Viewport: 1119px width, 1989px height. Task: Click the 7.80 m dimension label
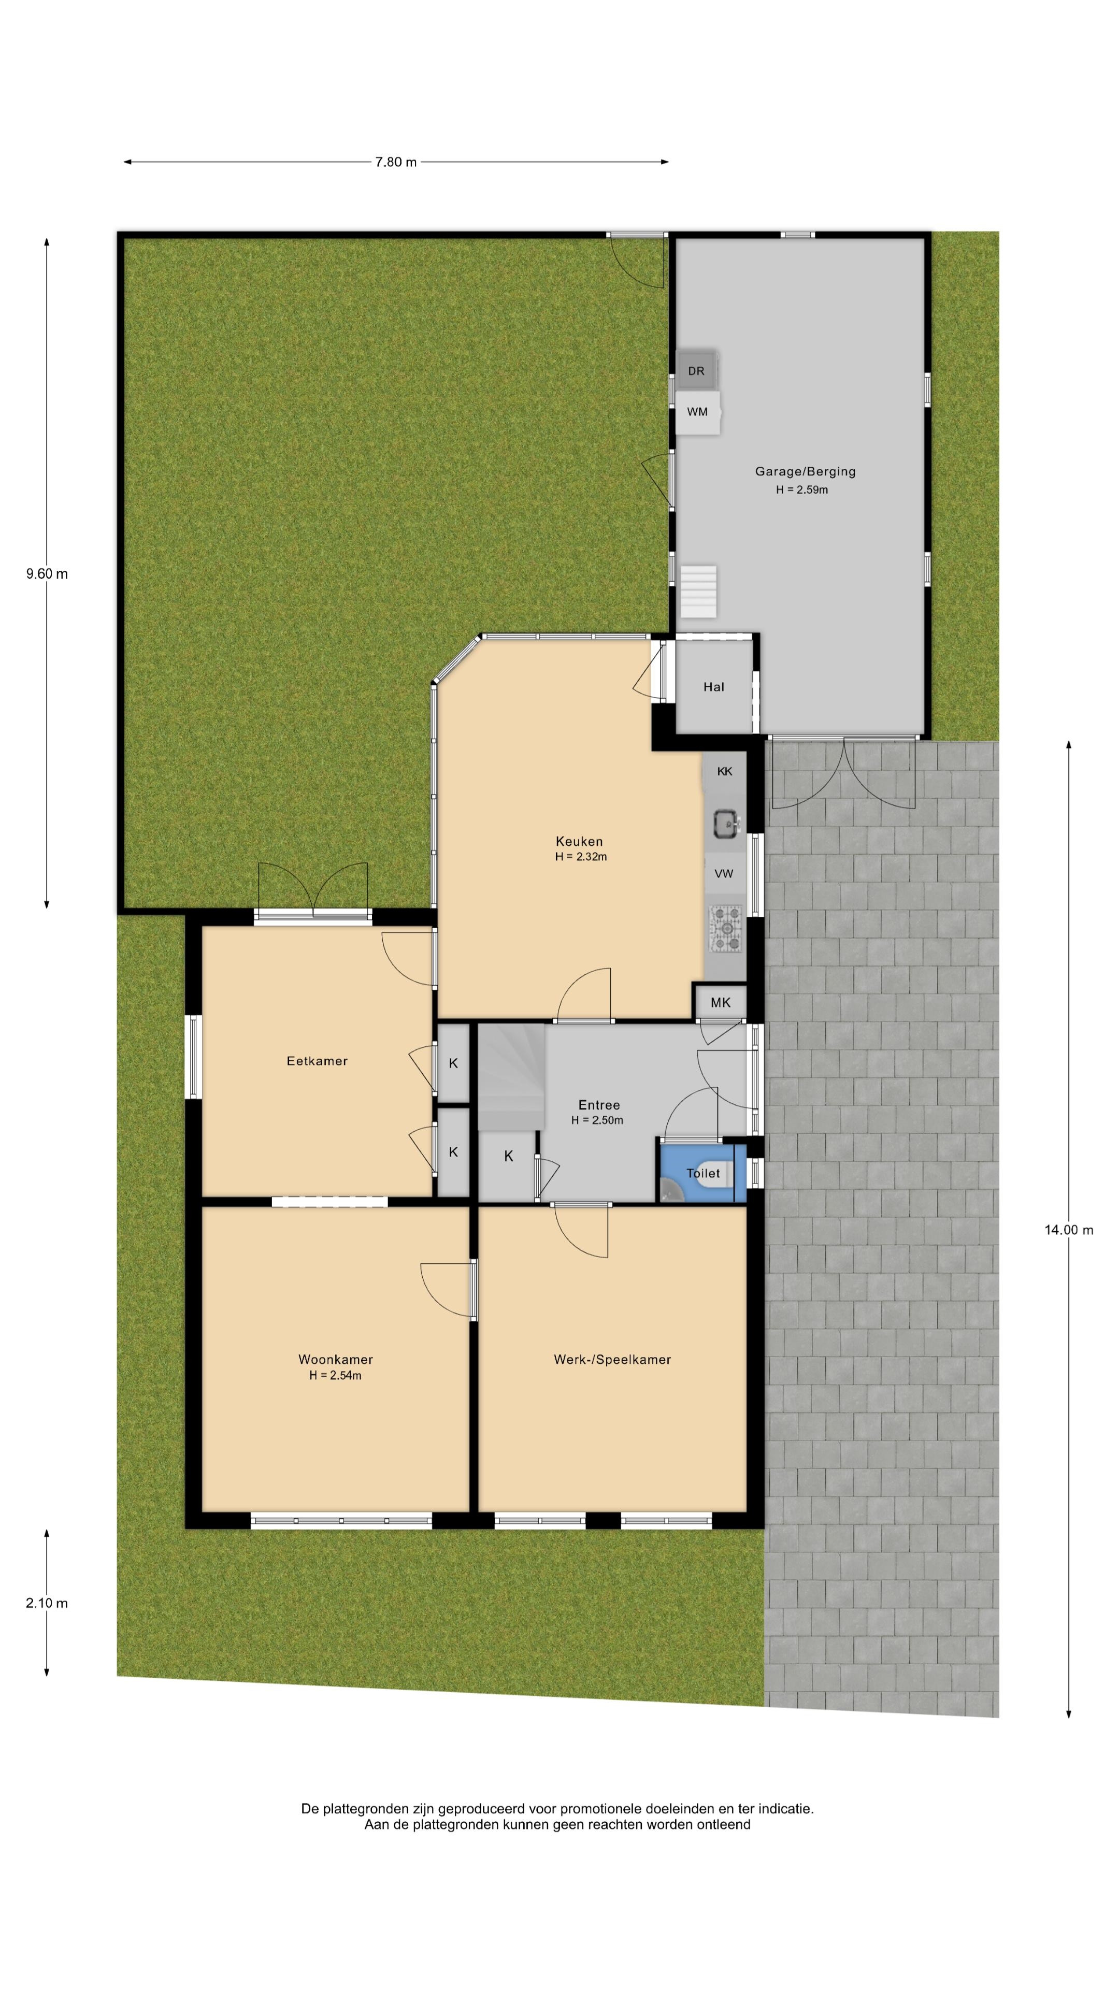click(x=395, y=162)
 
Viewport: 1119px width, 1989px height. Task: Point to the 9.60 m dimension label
click(x=47, y=574)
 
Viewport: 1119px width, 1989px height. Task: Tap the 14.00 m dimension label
click(x=1069, y=1230)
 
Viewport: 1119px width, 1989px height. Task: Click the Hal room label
click(x=713, y=686)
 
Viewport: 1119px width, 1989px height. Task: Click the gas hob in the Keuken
click(x=725, y=928)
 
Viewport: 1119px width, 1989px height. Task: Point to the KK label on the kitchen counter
click(x=724, y=771)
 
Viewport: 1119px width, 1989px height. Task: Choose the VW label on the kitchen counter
click(x=724, y=874)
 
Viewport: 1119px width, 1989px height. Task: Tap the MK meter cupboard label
click(x=721, y=1002)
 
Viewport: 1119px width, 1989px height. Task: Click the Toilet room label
click(x=703, y=1173)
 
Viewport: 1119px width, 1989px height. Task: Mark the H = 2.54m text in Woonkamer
click(x=335, y=1375)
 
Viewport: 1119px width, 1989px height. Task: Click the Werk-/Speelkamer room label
click(x=612, y=1360)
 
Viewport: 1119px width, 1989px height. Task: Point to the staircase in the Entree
click(x=511, y=1077)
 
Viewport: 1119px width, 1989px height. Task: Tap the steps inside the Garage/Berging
click(x=698, y=592)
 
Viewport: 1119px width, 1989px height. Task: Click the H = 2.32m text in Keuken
click(x=581, y=856)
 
